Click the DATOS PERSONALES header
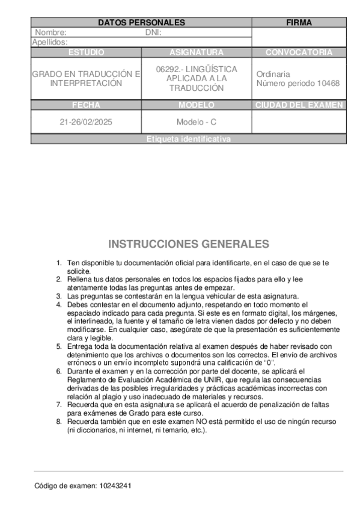141,22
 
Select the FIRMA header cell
299,22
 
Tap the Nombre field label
51,32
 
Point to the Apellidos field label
50,42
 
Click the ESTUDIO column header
86,52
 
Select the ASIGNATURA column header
197,52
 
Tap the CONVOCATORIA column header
299,52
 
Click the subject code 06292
168,69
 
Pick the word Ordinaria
273,74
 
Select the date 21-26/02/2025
86,121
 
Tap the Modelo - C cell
197,121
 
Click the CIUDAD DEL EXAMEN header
299,105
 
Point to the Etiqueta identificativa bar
188,139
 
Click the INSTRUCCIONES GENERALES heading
189,244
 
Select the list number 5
58,346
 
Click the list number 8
58,422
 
